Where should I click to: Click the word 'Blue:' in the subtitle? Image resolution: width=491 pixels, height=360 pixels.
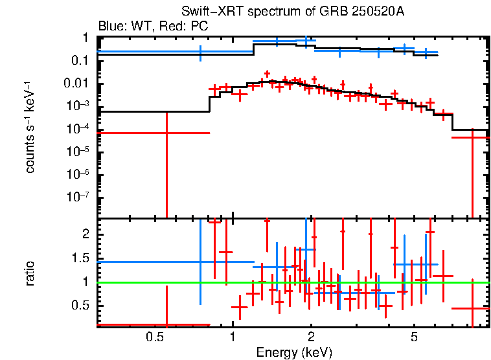(x=111, y=27)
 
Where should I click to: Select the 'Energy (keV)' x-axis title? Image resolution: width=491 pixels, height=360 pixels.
(x=294, y=353)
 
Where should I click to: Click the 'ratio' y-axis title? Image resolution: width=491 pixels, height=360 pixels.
(x=30, y=273)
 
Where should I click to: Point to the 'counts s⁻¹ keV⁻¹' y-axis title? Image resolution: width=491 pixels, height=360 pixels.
(x=30, y=128)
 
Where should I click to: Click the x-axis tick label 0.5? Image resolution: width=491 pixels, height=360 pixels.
(x=154, y=337)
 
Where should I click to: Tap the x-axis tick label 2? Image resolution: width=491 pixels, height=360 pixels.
(x=311, y=337)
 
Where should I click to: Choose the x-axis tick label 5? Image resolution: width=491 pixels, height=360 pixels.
(x=414, y=337)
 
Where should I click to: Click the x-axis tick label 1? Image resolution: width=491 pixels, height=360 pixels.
(x=233, y=337)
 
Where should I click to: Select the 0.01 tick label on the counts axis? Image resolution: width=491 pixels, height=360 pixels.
(x=76, y=84)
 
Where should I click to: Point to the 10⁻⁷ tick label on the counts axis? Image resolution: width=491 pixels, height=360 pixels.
(x=78, y=197)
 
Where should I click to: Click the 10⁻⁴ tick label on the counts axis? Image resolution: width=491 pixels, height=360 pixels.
(x=78, y=129)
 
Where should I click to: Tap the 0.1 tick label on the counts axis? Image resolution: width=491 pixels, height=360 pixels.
(x=80, y=61)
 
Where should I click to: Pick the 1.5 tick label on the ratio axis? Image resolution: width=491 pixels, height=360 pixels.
(x=80, y=258)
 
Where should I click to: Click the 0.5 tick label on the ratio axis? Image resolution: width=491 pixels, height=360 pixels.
(x=80, y=305)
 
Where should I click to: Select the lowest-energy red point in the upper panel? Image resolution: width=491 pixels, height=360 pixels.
(x=166, y=133)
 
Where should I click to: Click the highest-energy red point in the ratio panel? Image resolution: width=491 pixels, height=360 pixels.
(x=472, y=309)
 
